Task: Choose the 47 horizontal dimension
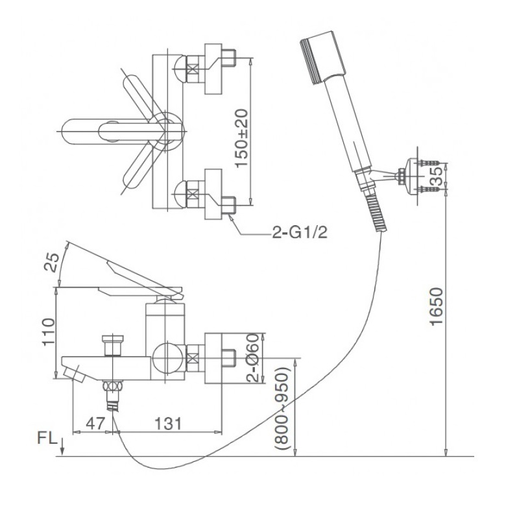[x=95, y=424]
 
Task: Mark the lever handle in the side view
[x=143, y=276]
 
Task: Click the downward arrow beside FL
[x=62, y=445]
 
